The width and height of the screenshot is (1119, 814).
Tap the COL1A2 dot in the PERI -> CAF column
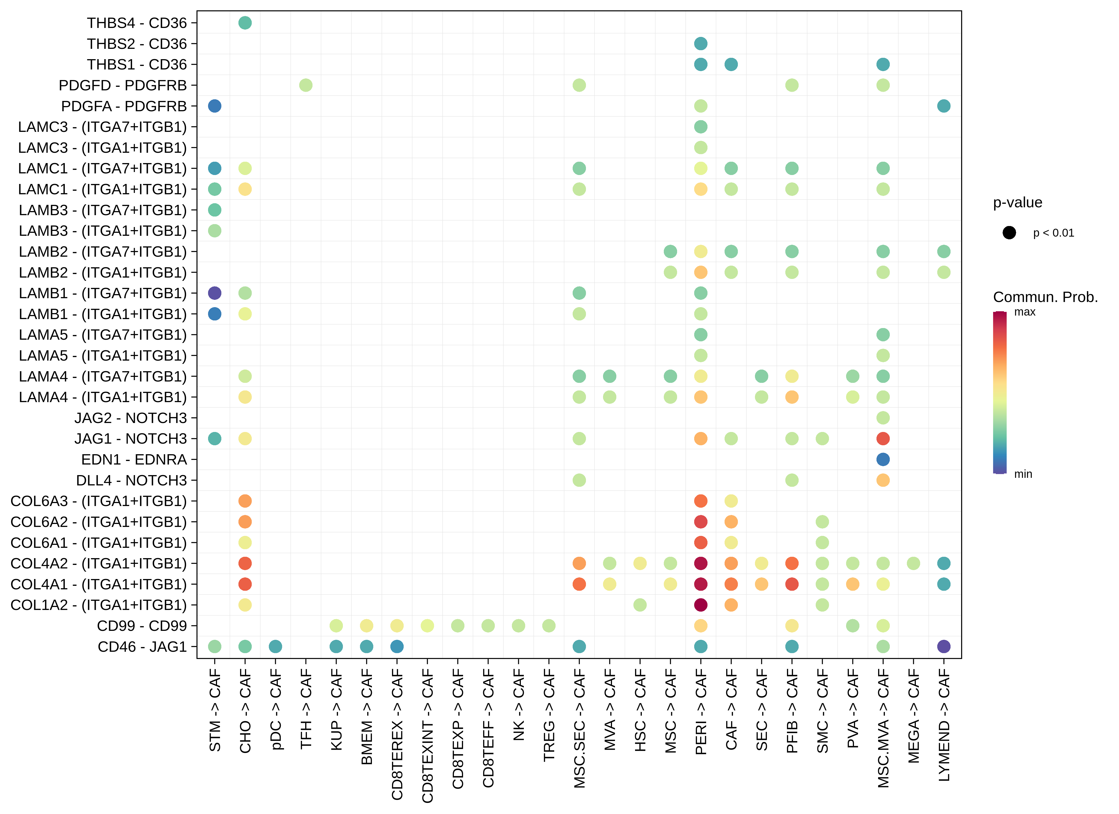(x=701, y=605)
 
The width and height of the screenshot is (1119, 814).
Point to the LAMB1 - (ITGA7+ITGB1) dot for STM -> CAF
(x=215, y=293)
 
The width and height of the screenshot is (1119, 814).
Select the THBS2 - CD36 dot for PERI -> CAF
(x=701, y=43)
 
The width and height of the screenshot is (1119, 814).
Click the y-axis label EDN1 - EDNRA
(x=134, y=460)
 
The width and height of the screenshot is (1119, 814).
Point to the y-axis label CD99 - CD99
(x=142, y=626)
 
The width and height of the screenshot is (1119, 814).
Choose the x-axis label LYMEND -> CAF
(x=944, y=725)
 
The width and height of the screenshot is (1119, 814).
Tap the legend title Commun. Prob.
(x=1045, y=297)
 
